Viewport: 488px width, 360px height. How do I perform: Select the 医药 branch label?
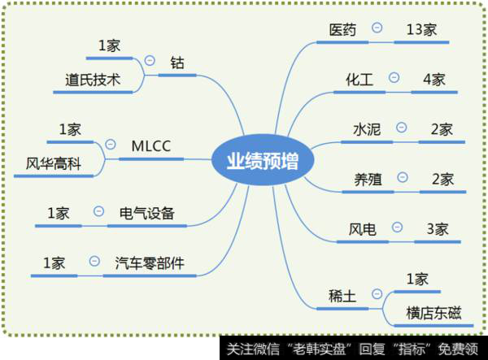(342, 29)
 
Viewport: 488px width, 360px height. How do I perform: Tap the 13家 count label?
(421, 30)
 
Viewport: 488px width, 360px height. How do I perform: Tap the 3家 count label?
(437, 229)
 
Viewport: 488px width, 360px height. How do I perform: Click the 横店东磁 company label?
(438, 313)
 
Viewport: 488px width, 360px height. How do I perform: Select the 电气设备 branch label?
(146, 213)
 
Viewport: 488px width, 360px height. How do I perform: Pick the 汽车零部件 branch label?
(150, 262)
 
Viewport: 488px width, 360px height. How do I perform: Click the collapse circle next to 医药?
(377, 28)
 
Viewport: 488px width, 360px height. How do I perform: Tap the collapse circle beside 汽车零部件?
(94, 262)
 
